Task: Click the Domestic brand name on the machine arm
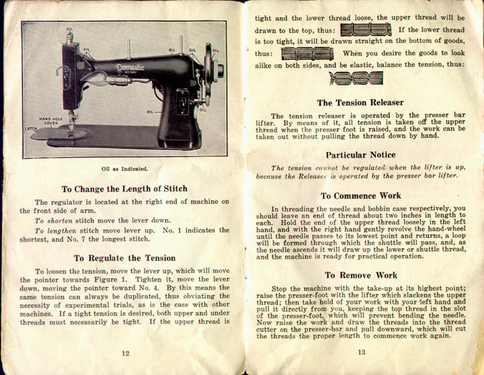(x=130, y=67)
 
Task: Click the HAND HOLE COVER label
(x=50, y=120)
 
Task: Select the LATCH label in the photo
(x=31, y=127)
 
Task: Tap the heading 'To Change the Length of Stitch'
(x=124, y=189)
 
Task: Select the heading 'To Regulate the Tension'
(x=124, y=257)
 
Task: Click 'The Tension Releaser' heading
(x=360, y=103)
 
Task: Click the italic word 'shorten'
(x=60, y=219)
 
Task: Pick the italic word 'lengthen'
(x=63, y=230)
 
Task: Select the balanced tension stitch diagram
(x=356, y=79)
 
